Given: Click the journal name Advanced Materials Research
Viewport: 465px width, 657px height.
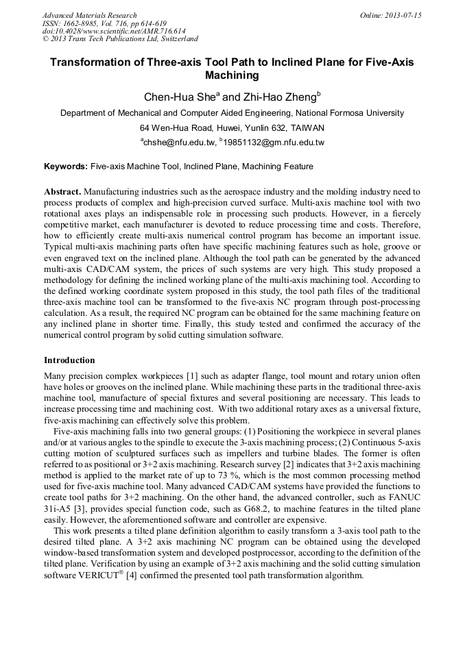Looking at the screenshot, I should tap(89, 15).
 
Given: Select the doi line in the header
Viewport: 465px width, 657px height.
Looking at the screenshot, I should tap(114, 31).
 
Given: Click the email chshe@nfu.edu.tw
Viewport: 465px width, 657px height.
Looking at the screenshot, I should tap(180, 142).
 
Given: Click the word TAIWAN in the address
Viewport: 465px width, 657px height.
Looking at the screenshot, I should tap(308, 127).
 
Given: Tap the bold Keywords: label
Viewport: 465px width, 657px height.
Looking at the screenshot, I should tap(66, 166).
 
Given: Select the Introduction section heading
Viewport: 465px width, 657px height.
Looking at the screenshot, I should tap(69, 360).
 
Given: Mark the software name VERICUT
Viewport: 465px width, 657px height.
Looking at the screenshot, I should tap(93, 575).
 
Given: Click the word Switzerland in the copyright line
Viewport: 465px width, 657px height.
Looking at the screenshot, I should tap(175, 39).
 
